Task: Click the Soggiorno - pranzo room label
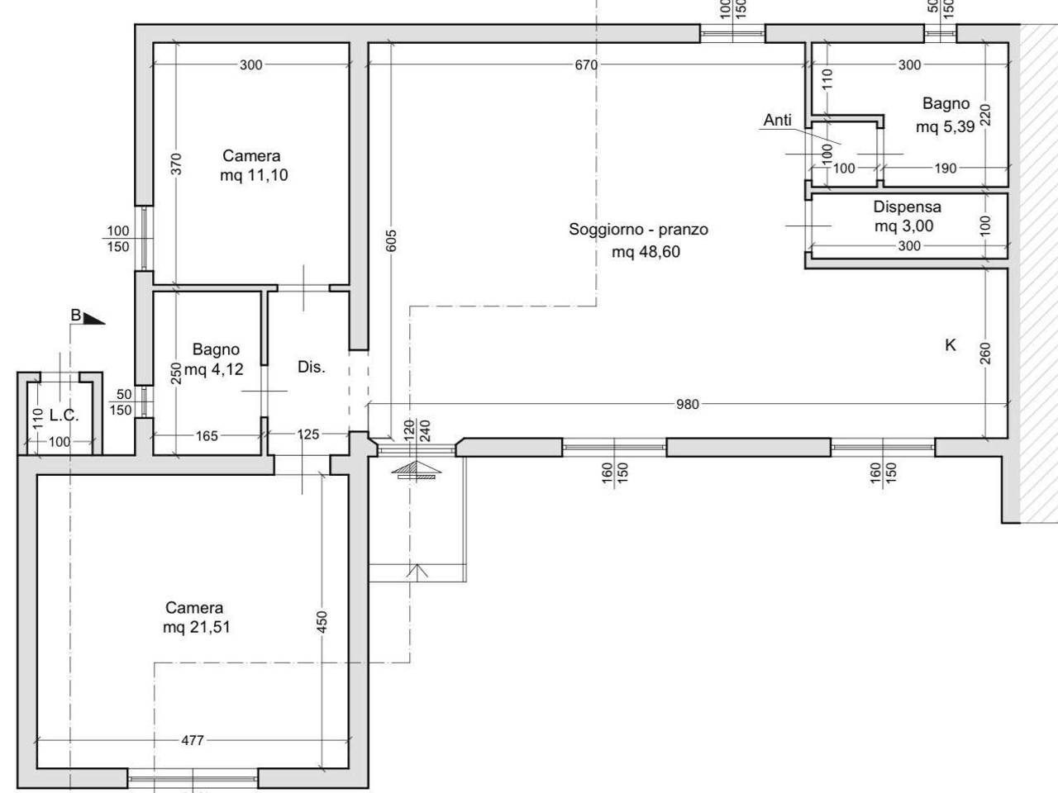click(638, 230)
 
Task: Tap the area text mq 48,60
click(646, 252)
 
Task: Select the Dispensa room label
click(907, 207)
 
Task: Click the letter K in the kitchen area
click(950, 344)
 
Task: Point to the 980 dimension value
click(688, 404)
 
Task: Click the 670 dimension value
click(586, 64)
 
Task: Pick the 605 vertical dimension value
click(392, 240)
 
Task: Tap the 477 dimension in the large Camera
click(193, 740)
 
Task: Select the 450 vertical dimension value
click(322, 621)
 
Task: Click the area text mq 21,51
click(196, 628)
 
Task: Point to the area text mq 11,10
click(254, 175)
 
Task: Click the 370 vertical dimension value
click(177, 164)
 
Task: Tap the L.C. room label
click(64, 415)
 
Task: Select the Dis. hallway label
click(312, 367)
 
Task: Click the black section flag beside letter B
click(93, 319)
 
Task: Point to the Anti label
click(778, 120)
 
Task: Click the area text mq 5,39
click(946, 127)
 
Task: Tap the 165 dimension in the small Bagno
click(207, 436)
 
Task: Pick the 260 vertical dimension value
click(985, 353)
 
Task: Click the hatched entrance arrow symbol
click(416, 470)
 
